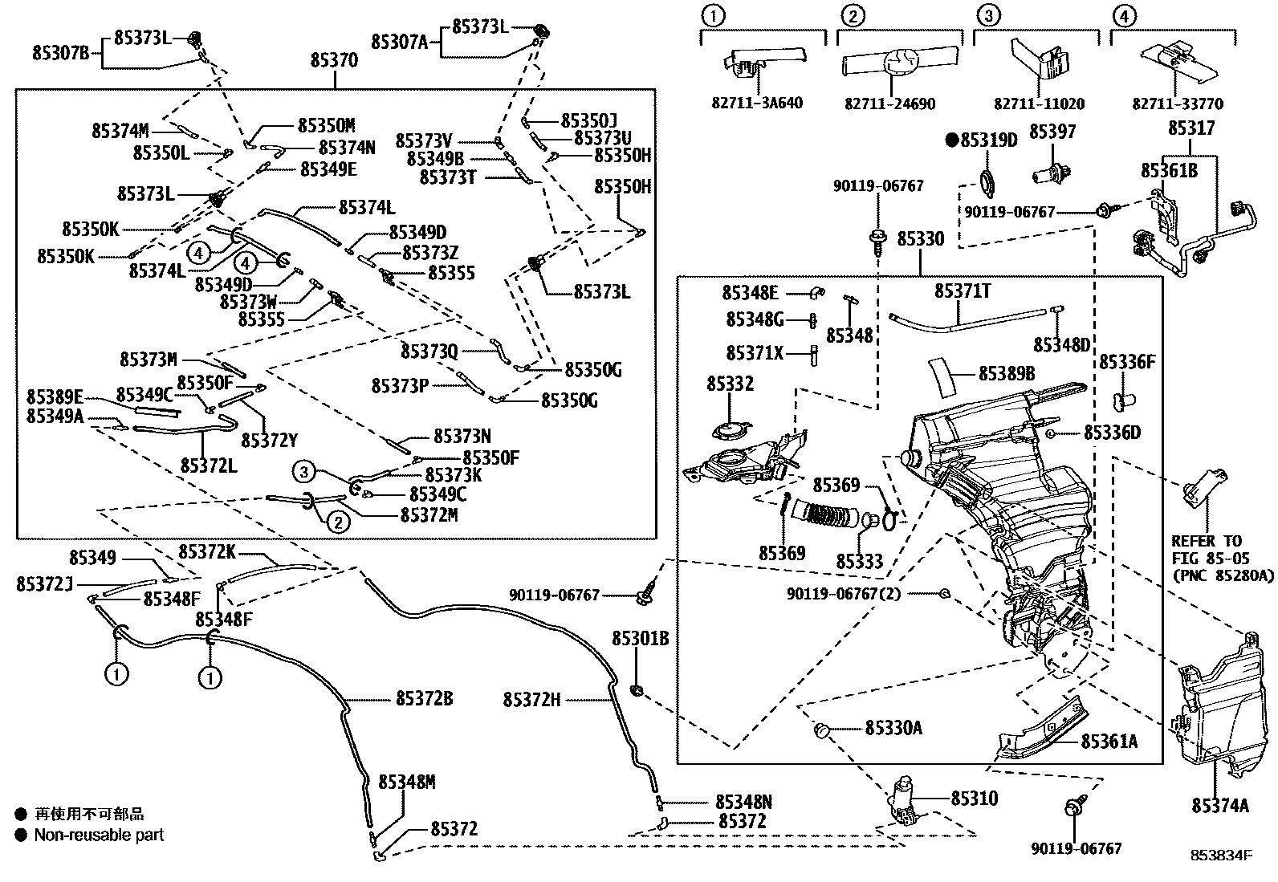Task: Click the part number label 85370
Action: point(334,61)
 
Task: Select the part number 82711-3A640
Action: point(757,104)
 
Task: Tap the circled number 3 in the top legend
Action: point(989,14)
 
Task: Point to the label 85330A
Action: point(893,728)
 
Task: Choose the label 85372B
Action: point(424,699)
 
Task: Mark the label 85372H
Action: point(531,700)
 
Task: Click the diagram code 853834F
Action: point(1220,856)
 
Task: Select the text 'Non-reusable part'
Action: point(99,835)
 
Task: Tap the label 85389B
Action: point(1007,373)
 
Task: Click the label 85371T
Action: point(962,291)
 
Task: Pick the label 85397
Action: point(1052,132)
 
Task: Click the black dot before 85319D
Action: point(952,141)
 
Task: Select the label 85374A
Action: point(1220,806)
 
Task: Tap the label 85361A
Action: point(1109,742)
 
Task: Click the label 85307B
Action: point(61,53)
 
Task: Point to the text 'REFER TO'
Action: point(1206,541)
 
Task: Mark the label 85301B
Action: point(640,639)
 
